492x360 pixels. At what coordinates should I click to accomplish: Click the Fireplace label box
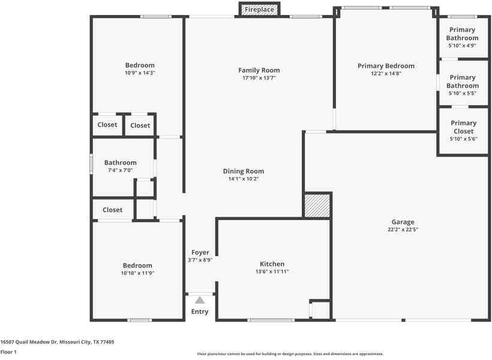pos(259,10)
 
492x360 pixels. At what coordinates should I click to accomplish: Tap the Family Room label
pos(259,70)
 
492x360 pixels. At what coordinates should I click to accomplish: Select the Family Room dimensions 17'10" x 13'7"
pos(259,78)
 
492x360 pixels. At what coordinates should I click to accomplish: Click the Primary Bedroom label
pos(386,66)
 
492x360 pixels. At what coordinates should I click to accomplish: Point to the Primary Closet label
pos(463,127)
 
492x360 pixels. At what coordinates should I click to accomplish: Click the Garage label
pos(403,222)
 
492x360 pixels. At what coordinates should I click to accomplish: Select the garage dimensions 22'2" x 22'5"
pos(403,230)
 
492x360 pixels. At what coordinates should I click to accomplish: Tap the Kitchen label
pos(272,264)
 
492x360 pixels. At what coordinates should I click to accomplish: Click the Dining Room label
pos(244,171)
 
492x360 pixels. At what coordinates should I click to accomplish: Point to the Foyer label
pos(200,253)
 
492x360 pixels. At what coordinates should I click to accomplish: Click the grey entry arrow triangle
pos(200,299)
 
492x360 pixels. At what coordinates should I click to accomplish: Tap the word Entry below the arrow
pos(200,312)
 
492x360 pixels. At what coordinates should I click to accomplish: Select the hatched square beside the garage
pos(317,205)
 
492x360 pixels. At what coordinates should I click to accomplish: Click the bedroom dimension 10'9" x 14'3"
pos(140,73)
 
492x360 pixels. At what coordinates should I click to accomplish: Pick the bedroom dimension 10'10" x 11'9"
pos(137,273)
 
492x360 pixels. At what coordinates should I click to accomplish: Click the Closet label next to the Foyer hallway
pos(112,210)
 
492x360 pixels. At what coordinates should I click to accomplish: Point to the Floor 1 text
pos(8,352)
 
